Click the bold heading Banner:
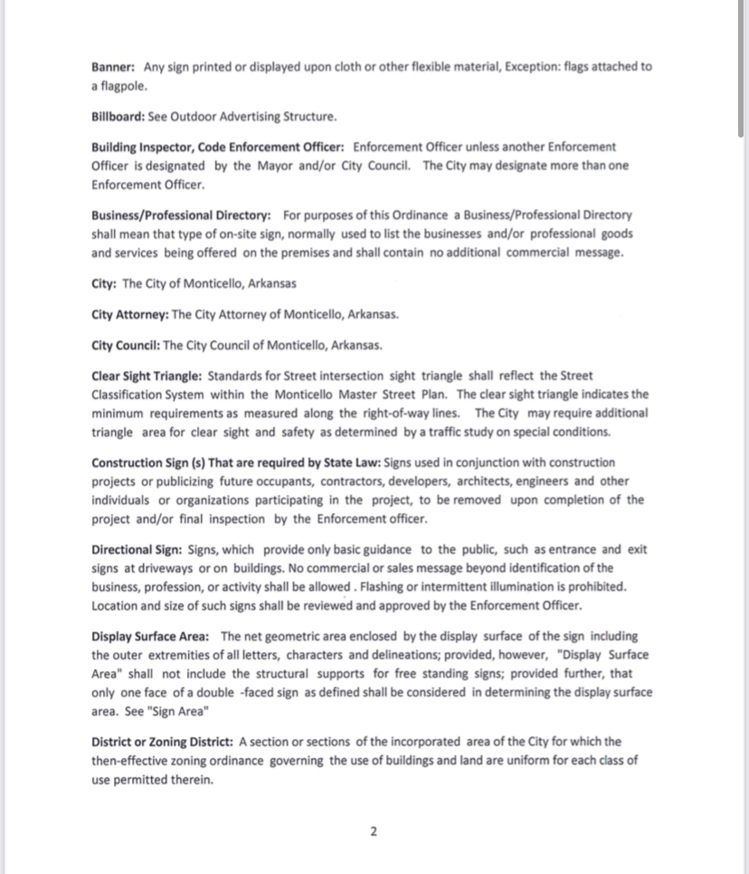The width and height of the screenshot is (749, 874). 113,67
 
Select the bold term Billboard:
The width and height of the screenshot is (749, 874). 117,117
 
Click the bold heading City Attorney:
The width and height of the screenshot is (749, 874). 129,315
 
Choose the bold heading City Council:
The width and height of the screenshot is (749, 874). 126,346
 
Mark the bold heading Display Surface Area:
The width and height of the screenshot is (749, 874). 149,636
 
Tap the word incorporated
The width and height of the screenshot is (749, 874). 420,742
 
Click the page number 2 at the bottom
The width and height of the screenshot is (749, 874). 374,832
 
